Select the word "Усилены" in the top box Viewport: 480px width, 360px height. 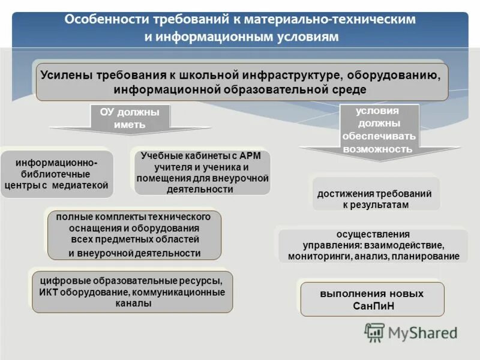click(64, 75)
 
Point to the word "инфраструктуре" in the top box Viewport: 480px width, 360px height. click(292, 75)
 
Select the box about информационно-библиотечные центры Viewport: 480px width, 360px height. click(56, 174)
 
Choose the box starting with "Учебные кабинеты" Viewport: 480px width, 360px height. click(202, 173)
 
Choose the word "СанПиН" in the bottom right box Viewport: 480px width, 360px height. click(371, 305)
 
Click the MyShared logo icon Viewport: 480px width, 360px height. click(374, 332)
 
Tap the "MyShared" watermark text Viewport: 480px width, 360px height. click(423, 332)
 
